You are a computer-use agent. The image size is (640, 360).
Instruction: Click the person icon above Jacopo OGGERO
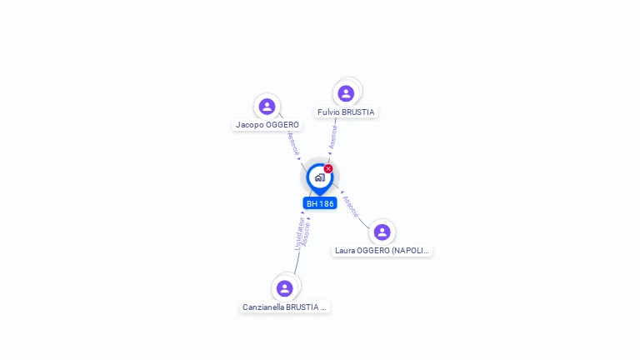(x=267, y=107)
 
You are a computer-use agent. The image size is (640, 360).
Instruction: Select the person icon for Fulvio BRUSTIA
(x=346, y=93)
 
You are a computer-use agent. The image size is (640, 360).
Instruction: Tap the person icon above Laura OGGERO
(x=382, y=232)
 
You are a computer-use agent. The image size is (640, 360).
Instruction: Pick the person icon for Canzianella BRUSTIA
(x=284, y=288)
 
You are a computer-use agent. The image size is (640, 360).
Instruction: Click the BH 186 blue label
(x=320, y=203)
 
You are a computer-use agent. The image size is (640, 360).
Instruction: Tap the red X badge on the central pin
(x=328, y=169)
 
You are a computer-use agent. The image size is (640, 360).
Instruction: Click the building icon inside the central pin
(x=319, y=177)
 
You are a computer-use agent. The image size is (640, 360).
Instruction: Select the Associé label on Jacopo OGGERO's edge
(x=292, y=143)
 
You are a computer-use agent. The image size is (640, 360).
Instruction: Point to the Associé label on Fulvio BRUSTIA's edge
(x=332, y=137)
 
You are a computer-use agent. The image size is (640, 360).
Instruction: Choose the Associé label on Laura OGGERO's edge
(x=351, y=206)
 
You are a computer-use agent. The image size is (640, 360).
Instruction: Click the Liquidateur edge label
(x=299, y=233)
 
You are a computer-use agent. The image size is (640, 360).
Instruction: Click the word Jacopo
(x=249, y=125)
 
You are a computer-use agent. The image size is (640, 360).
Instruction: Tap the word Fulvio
(x=328, y=112)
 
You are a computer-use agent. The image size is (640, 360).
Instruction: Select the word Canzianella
(x=263, y=307)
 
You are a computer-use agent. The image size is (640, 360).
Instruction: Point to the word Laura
(x=345, y=250)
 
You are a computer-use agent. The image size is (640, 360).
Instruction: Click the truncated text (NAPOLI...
(x=412, y=250)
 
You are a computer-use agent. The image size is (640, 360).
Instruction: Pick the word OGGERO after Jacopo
(x=282, y=125)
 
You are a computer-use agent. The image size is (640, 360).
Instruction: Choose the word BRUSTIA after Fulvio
(x=358, y=112)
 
